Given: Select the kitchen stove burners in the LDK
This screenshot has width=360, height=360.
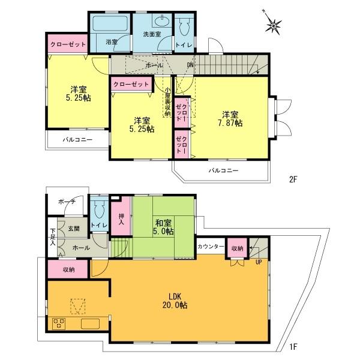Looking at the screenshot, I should pyautogui.click(x=60, y=323).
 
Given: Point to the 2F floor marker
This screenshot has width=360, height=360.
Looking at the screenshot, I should pyautogui.click(x=293, y=178).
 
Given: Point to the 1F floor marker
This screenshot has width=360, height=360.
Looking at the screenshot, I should pyautogui.click(x=293, y=346).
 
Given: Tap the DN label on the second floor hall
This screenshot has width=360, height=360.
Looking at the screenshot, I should pyautogui.click(x=190, y=65).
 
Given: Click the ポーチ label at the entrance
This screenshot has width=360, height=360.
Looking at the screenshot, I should pyautogui.click(x=67, y=202).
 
